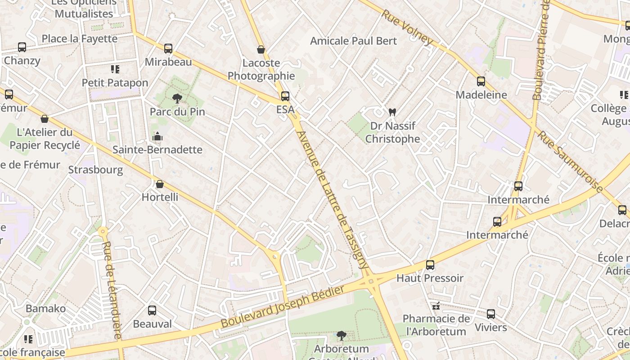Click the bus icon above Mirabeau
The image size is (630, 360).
click(168, 49)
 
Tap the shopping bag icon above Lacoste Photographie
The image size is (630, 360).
click(261, 49)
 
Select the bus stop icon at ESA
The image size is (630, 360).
click(285, 96)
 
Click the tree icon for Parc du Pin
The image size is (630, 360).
click(177, 98)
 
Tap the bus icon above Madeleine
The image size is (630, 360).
click(481, 81)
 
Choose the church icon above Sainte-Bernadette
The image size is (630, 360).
click(157, 136)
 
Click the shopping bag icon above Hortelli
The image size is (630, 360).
click(160, 184)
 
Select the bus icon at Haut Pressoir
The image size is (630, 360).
click(430, 265)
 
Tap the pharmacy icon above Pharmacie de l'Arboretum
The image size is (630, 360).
click(435, 306)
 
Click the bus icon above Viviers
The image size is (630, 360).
click(491, 314)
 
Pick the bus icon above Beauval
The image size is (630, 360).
click(152, 310)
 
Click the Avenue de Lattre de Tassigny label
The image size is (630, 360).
click(333, 200)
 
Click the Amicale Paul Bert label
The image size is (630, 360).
click(354, 41)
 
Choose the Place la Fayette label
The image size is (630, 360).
click(80, 39)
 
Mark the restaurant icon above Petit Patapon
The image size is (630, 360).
click(115, 69)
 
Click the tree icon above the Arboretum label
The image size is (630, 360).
click(342, 335)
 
